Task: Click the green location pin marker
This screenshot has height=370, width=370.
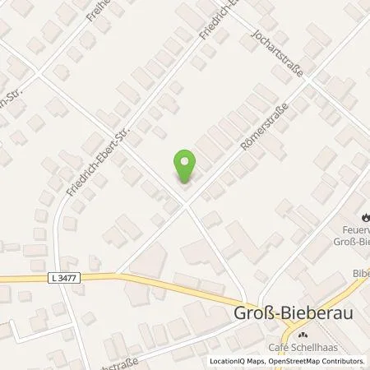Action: [185, 167]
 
